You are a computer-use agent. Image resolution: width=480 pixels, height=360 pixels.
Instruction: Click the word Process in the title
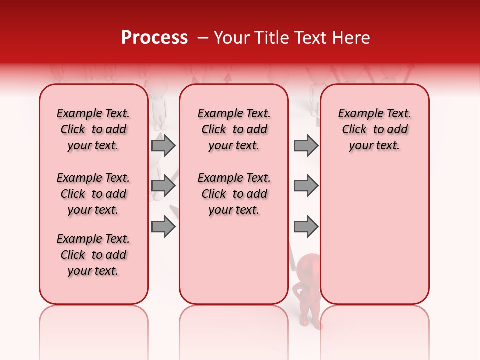pyautogui.click(x=154, y=38)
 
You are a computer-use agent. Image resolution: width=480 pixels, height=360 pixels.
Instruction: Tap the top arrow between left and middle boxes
pyautogui.click(x=163, y=146)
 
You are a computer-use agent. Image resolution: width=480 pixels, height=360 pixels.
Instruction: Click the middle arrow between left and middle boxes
pyautogui.click(x=163, y=186)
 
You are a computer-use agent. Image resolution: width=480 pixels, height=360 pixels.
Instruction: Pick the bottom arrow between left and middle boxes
pyautogui.click(x=163, y=227)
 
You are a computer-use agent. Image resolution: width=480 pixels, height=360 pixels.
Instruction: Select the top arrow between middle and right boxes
pyautogui.click(x=306, y=146)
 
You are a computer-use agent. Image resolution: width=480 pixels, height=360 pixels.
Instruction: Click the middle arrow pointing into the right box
pyautogui.click(x=306, y=186)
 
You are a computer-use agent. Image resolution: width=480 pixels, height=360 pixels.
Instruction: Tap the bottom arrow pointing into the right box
pyautogui.click(x=306, y=227)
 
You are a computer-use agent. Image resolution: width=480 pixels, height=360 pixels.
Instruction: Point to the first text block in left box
pyautogui.click(x=93, y=129)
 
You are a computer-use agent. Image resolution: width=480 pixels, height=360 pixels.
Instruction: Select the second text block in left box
pyautogui.click(x=93, y=194)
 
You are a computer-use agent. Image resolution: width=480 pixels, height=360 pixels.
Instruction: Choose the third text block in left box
pyautogui.click(x=93, y=255)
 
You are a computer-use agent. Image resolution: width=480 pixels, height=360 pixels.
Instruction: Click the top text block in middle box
pyautogui.click(x=234, y=129)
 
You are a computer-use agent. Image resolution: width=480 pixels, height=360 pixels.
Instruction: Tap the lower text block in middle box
pyautogui.click(x=234, y=194)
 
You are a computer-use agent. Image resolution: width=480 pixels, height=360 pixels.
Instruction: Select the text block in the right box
pyautogui.click(x=375, y=129)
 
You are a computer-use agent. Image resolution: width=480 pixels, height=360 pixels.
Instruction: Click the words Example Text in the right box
pyautogui.click(x=375, y=114)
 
